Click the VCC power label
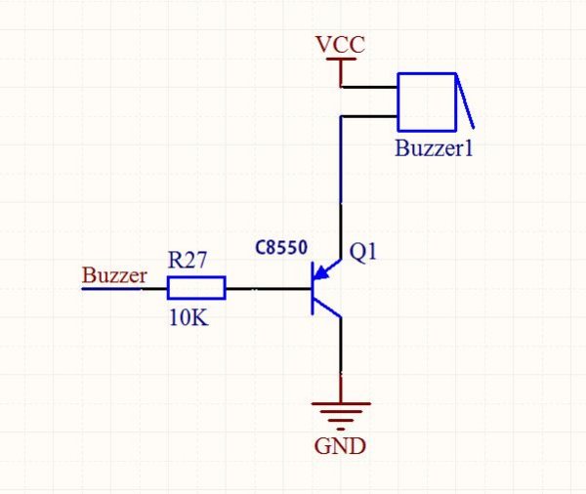(340, 45)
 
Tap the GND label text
(340, 447)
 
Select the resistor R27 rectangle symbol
(196, 288)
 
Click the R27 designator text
(188, 260)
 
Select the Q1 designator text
(362, 252)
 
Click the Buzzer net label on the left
(114, 275)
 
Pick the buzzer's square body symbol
(426, 101)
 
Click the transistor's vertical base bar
(313, 289)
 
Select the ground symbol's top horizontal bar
(340, 402)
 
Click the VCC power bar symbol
(340, 61)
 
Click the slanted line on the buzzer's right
(465, 101)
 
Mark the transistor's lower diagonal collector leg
(328, 309)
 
